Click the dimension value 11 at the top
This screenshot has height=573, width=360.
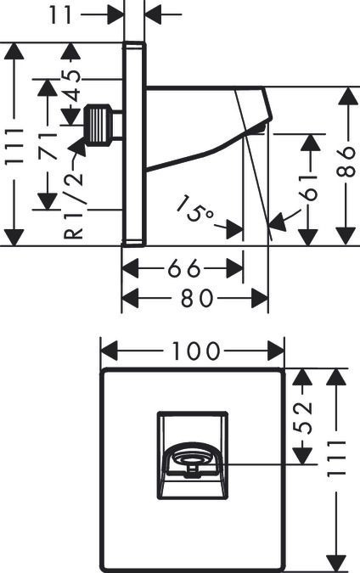[x=60, y=14]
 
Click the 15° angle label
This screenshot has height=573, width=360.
[x=194, y=209]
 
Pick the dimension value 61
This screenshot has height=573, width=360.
[x=309, y=188]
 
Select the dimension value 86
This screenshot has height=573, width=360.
[x=346, y=161]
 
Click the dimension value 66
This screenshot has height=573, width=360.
[x=184, y=268]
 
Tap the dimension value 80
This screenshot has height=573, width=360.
[x=197, y=297]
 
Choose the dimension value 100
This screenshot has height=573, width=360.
[x=196, y=351]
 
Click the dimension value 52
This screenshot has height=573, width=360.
[x=303, y=418]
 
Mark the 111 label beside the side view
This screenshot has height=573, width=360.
[x=14, y=146]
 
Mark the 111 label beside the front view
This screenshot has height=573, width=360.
[x=336, y=458]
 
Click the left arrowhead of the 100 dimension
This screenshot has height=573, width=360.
[x=109, y=351]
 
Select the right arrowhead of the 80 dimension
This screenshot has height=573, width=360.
[x=260, y=298]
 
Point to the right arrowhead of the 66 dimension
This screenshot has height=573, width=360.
[x=234, y=268]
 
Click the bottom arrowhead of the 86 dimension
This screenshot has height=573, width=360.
[x=346, y=236]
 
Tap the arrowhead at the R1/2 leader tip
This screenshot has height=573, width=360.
[x=79, y=145]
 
